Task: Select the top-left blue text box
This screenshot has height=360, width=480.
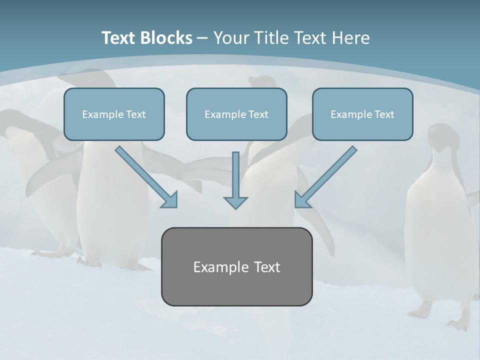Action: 114,114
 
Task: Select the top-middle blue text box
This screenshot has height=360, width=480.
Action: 236,114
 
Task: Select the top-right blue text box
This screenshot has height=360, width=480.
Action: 362,114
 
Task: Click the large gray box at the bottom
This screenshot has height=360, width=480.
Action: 236,266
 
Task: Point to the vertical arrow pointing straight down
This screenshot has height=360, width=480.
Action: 235,177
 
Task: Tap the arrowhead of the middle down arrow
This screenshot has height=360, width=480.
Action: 235,202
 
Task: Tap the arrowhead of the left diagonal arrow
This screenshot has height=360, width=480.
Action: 170,200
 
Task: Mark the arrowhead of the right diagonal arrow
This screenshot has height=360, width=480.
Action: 302,199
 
